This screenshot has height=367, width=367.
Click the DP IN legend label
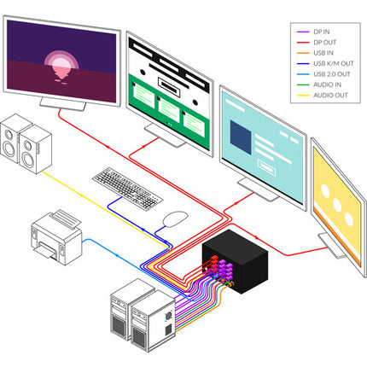[x=322, y=32]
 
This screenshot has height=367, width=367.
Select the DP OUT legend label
[x=324, y=43]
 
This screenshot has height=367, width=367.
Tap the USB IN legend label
[x=323, y=53]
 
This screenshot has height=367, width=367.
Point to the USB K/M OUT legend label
[x=334, y=63]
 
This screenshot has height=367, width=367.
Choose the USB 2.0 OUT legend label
[x=332, y=74]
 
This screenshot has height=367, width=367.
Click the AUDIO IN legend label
[x=327, y=84]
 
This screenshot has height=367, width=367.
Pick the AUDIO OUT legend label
[x=330, y=96]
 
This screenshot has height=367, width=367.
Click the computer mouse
[x=175, y=218]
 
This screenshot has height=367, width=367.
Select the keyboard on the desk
[x=127, y=189]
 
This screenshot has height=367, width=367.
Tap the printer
[x=56, y=237]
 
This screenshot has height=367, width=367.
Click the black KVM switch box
[x=236, y=261]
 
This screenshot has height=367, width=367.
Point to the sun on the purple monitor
[x=61, y=65]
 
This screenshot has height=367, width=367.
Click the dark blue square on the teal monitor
[x=241, y=137]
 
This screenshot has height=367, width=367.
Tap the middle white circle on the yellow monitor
[x=337, y=205]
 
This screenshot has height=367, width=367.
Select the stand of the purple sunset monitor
[x=62, y=104]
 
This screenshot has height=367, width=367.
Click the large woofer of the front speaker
[x=28, y=160]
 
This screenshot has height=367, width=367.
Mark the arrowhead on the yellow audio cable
[x=82, y=195]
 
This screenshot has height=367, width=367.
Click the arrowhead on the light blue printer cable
[x=118, y=255]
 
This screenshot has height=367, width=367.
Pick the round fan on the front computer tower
[x=168, y=315]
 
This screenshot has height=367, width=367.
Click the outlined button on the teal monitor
[x=266, y=167]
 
